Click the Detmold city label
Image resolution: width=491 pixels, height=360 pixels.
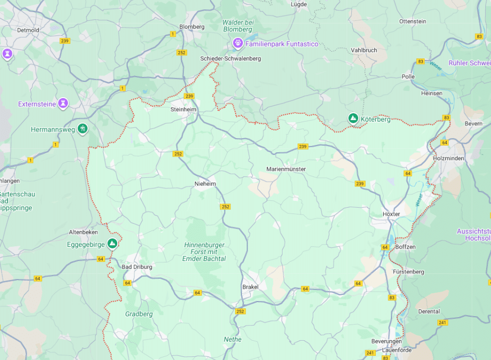click(x=28, y=30)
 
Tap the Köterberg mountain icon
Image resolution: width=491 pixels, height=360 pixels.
click(x=353, y=119)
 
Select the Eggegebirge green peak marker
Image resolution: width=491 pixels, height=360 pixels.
click(x=112, y=243)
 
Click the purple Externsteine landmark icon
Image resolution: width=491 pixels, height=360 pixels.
click(x=63, y=103)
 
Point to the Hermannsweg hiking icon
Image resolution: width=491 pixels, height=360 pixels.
click(x=82, y=128)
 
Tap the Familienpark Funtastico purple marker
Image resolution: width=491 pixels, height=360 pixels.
click(x=238, y=43)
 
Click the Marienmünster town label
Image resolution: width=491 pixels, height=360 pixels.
click(x=286, y=169)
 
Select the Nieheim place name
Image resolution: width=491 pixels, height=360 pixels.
click(x=205, y=184)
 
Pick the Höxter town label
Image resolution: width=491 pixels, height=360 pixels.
click(x=391, y=214)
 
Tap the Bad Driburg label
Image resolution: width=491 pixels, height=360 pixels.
click(x=137, y=267)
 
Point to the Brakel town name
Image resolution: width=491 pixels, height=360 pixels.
click(x=250, y=287)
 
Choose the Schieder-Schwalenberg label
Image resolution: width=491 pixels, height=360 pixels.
click(x=230, y=58)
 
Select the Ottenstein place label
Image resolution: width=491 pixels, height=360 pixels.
click(x=412, y=21)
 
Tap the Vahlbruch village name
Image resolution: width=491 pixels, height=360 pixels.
click(x=364, y=50)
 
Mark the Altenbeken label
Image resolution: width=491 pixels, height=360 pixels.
click(x=83, y=232)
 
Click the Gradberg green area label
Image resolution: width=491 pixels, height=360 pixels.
click(x=139, y=314)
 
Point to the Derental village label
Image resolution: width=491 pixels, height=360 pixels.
click(x=429, y=311)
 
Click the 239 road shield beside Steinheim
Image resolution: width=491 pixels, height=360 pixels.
click(x=189, y=96)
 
